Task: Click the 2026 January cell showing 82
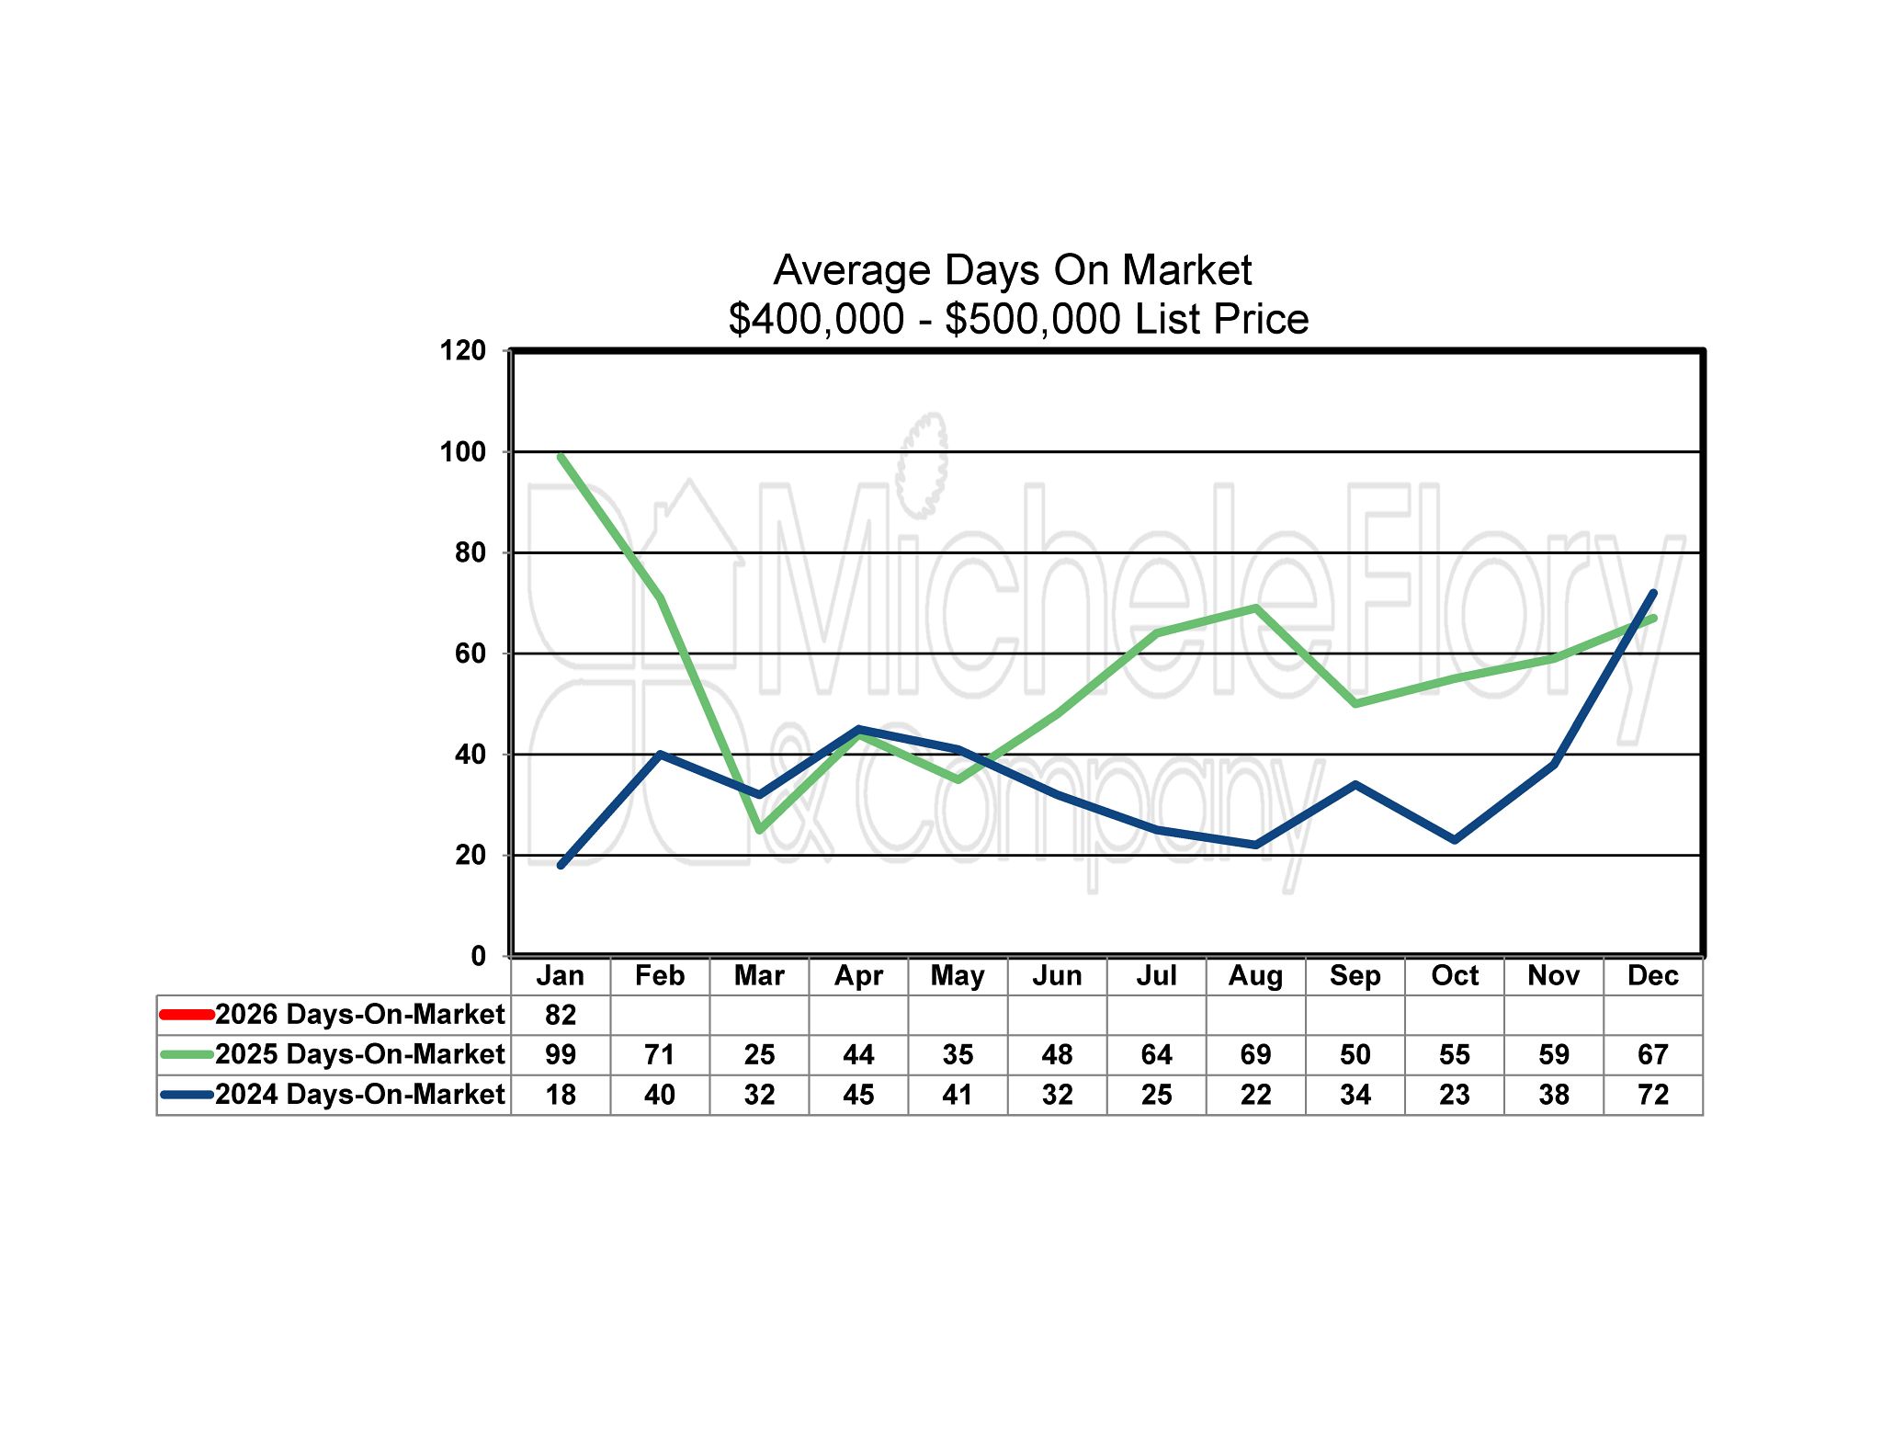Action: [x=561, y=1015]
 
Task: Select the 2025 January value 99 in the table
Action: [x=561, y=1054]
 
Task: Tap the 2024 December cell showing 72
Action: [x=1652, y=1095]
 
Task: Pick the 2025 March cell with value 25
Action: [x=759, y=1054]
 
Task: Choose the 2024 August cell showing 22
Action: [x=1255, y=1095]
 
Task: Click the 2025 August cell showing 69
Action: [x=1255, y=1054]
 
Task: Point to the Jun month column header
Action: [x=1057, y=975]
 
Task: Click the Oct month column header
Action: [x=1454, y=975]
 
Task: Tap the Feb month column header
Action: [x=660, y=975]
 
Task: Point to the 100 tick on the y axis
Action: [x=463, y=452]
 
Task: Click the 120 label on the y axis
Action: [x=463, y=350]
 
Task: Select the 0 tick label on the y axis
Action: [x=478, y=956]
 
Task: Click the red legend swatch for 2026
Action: [x=187, y=1015]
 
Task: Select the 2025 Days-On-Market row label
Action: [x=359, y=1054]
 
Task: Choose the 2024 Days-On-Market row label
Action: [x=359, y=1095]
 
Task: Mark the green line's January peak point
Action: [x=561, y=456]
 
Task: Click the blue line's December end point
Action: [x=1653, y=593]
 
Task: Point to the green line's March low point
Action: [x=759, y=830]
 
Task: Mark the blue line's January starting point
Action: [x=561, y=865]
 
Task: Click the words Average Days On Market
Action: [x=1013, y=270]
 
